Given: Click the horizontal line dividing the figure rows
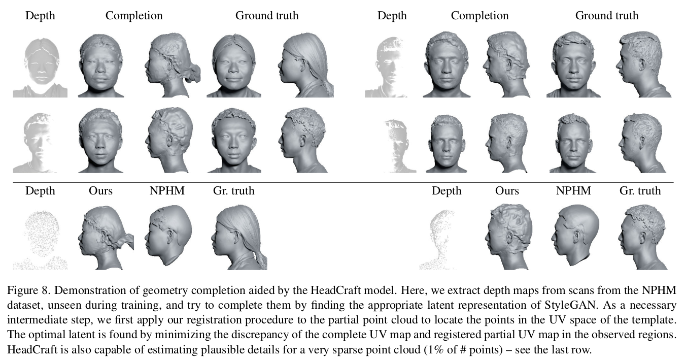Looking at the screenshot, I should pyautogui.click(x=342, y=182).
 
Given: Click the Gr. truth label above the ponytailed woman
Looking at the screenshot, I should pyautogui.click(x=234, y=191).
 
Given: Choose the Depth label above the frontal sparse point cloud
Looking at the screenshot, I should pyautogui.click(x=40, y=191).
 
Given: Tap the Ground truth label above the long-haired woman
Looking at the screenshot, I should pyautogui.click(x=267, y=16).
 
